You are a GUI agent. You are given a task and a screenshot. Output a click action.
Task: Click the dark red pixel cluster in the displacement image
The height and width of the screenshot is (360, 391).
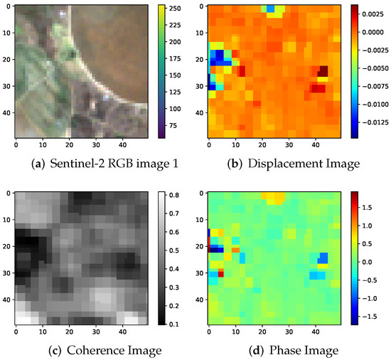point(323,71)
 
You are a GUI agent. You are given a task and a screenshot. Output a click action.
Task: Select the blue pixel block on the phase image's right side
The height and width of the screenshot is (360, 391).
point(323,258)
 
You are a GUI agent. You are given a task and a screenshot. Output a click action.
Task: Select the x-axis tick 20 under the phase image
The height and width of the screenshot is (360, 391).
point(262,334)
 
